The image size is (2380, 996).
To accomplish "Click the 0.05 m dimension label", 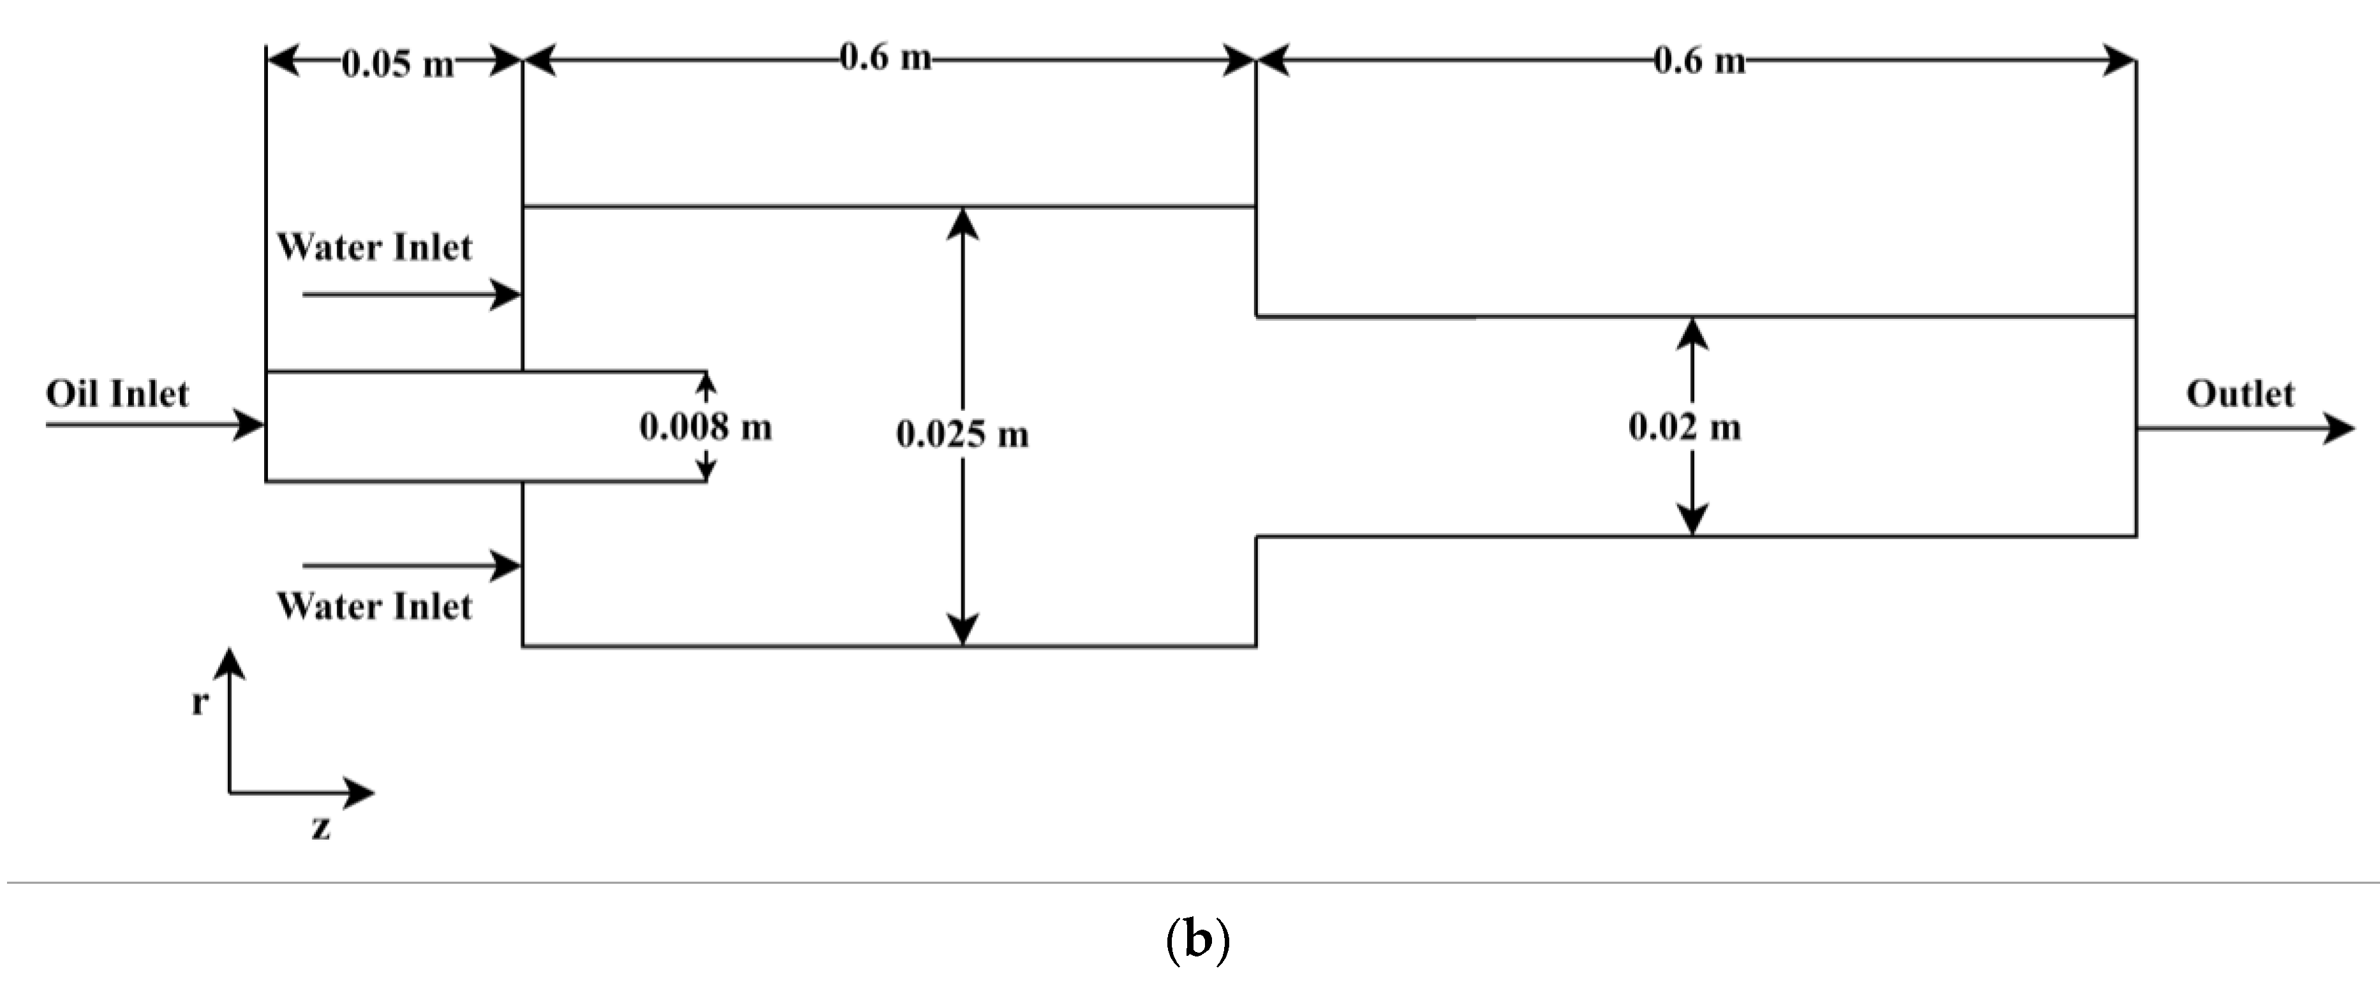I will point(397,64).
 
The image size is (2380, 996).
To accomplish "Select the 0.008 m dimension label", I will point(705,427).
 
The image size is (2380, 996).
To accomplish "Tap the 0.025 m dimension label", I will point(962,434).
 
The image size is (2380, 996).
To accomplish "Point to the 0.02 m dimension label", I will point(1684,427).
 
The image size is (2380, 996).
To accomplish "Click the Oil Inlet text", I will point(117,395).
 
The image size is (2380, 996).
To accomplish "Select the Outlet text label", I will point(2240,395).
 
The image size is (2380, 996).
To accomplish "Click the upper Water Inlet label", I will point(374,247).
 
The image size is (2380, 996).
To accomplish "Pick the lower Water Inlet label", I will point(374,607).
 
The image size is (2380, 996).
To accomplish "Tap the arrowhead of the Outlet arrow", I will point(2339,428).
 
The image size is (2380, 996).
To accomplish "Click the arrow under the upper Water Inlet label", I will point(411,295).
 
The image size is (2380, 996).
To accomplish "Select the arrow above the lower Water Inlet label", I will point(411,566).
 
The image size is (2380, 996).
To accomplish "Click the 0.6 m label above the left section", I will point(885,58).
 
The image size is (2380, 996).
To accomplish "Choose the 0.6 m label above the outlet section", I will point(1699,61).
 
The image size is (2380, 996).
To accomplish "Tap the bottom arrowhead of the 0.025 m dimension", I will point(963,630).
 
